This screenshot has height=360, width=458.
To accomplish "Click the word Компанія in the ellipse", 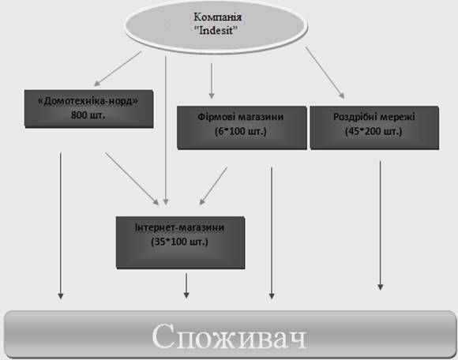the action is pos(218,17).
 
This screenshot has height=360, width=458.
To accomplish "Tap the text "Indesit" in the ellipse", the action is pos(216,30).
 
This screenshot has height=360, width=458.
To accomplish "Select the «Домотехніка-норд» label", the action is pos(88,101).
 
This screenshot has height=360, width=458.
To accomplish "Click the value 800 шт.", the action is pos(88,115).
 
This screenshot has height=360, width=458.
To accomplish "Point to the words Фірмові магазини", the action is pos(240,117).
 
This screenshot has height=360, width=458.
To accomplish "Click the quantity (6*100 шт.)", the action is pos(241,131).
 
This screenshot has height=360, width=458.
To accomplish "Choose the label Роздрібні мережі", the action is pos(374,117).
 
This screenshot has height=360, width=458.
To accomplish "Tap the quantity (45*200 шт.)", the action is pos(374,131).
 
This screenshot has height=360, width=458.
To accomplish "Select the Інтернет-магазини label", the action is pos(179,227).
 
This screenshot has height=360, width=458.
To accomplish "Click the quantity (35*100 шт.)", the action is pos(179,242).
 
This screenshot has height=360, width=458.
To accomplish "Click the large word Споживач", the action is pos(229,336).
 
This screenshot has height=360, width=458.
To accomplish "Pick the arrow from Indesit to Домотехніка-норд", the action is pos(118,69).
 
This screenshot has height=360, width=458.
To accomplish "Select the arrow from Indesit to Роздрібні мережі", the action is pos(325,73).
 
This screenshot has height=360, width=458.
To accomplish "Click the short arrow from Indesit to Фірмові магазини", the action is pos(212,81).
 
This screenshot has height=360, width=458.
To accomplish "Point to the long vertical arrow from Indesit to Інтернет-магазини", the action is pos(166,130).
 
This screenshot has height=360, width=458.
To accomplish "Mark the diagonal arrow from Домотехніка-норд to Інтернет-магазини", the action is pos(132,178).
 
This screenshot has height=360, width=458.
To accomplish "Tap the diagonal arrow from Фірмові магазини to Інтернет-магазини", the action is pos(213,186).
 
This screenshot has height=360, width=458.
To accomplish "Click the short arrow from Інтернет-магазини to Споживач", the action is pos(186,286).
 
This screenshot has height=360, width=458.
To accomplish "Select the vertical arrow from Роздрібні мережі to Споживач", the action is pos(380,226).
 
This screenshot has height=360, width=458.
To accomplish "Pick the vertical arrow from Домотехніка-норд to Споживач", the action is pos(61,226).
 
